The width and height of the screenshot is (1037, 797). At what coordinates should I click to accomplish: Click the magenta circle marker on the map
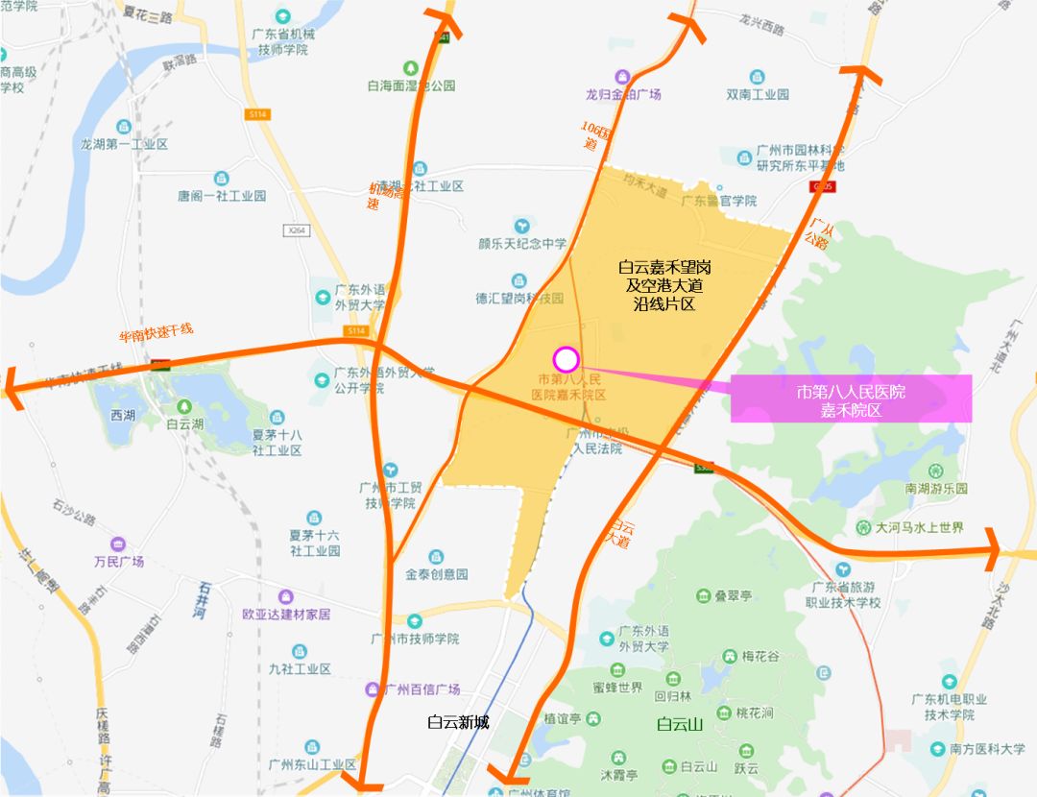[x=567, y=359]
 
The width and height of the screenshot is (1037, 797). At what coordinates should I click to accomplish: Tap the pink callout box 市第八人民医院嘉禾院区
[x=851, y=399]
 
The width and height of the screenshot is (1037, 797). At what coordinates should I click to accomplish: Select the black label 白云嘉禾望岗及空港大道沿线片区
[x=663, y=283]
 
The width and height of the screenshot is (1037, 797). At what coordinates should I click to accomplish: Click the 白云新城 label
[x=458, y=722]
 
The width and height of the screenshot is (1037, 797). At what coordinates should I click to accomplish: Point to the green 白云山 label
[x=680, y=724]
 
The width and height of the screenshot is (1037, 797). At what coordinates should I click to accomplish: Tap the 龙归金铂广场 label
[x=623, y=94]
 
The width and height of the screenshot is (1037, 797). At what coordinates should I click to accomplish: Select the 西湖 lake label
[x=123, y=415]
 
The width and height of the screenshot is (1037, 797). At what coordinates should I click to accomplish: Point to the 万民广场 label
[x=119, y=561]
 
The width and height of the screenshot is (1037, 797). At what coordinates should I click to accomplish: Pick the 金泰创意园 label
[x=437, y=573]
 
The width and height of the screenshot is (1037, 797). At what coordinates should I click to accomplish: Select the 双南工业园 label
[x=758, y=94]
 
